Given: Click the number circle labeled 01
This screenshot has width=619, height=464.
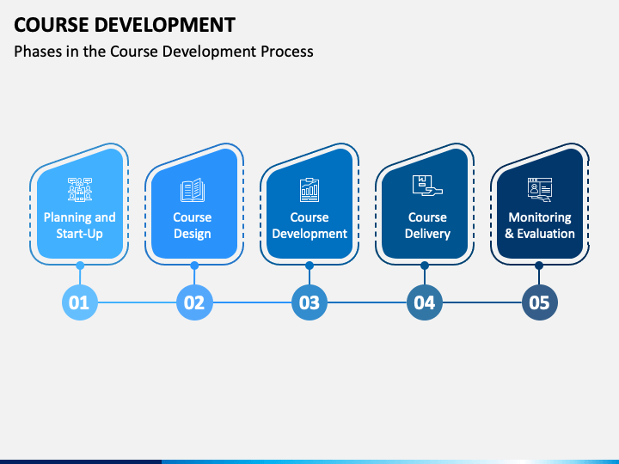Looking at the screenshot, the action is (80, 302).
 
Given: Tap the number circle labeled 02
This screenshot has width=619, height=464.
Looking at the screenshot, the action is (194, 302).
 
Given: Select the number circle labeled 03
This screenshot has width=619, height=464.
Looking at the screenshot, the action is (309, 302).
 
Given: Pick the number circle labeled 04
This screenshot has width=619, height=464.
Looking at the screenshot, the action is (425, 302).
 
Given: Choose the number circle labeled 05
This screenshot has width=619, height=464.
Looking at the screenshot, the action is (540, 302).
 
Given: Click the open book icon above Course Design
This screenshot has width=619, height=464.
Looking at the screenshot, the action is (193, 190).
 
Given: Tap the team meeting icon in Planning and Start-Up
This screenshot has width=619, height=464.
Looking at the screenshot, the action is (80, 190).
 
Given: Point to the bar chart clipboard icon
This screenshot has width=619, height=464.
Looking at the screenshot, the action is (309, 190).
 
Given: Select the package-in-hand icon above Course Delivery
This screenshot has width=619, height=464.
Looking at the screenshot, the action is (427, 186).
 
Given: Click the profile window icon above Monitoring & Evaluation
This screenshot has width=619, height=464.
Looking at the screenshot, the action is (540, 190).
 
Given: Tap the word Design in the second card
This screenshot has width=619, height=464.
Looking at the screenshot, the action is (193, 234).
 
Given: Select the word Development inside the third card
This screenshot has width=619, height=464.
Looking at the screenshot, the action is (309, 234).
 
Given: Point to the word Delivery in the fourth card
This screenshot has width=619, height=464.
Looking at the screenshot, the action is (427, 234).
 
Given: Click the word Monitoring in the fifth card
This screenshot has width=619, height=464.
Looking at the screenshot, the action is (540, 217).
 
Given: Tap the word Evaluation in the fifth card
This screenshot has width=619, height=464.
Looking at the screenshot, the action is (546, 234).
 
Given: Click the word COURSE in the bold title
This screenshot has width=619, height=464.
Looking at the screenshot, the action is (52, 25).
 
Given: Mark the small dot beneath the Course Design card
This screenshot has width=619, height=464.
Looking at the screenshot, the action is (194, 266).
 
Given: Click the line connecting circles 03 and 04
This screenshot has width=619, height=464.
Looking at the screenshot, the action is (367, 302).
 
